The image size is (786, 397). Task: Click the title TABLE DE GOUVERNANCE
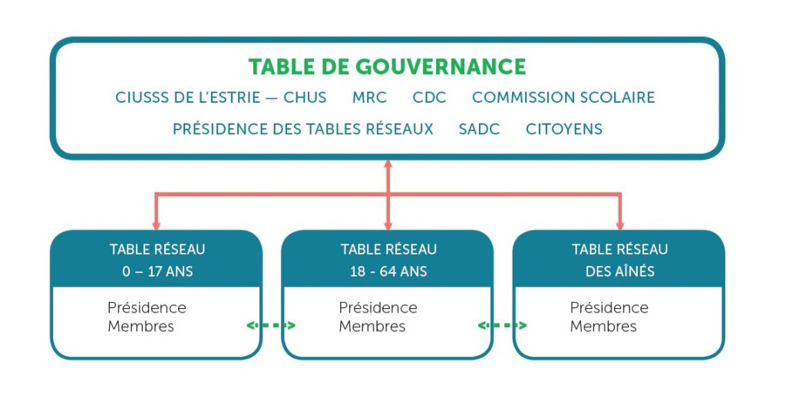click(x=387, y=67)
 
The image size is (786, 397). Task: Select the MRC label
click(x=369, y=97)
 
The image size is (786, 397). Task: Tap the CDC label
click(x=429, y=97)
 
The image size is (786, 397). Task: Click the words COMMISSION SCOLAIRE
click(x=563, y=97)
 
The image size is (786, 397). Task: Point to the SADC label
click(x=479, y=130)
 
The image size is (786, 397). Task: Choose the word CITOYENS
click(x=564, y=130)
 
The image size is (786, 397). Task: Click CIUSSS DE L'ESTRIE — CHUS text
click(x=220, y=97)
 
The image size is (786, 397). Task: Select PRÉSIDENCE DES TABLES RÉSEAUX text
click(x=302, y=129)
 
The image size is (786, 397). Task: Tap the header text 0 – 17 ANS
click(x=157, y=271)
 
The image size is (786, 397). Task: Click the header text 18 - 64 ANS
click(x=388, y=271)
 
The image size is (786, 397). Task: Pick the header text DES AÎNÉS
click(x=620, y=271)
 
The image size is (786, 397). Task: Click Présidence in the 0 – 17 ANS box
click(x=147, y=307)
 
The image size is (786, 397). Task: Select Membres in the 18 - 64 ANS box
click(x=372, y=326)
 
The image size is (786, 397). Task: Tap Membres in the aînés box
click(x=603, y=326)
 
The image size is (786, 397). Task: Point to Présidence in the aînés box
click(x=609, y=307)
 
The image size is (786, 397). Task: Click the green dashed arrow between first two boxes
click(x=271, y=326)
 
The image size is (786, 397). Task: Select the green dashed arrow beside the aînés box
click(x=502, y=326)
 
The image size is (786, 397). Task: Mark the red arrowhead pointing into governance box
click(x=388, y=163)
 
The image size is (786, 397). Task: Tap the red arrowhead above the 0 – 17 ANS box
click(x=156, y=226)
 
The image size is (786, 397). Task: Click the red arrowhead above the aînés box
click(x=619, y=226)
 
